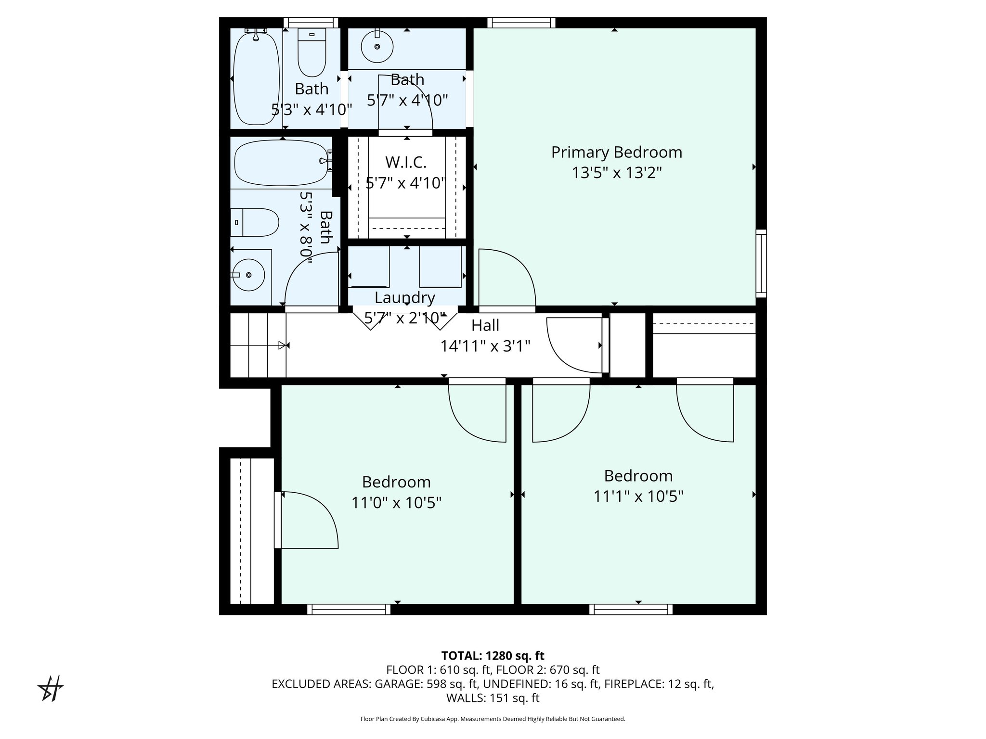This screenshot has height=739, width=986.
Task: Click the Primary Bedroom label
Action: [616, 153]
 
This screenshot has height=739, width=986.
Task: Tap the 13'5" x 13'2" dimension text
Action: [617, 173]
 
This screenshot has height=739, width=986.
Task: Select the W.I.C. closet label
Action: [406, 163]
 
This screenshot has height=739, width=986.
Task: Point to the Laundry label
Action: [404, 298]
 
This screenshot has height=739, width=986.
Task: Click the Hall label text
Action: [485, 326]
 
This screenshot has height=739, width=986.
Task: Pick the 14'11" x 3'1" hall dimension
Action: [485, 346]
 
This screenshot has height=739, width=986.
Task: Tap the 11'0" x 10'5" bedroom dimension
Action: [396, 503]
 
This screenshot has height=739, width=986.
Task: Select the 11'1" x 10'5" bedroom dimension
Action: [638, 496]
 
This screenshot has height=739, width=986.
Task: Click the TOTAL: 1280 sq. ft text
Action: [493, 656]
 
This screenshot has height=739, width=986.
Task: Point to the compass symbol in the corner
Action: [51, 688]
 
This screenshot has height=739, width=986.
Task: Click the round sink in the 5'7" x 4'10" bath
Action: [377, 46]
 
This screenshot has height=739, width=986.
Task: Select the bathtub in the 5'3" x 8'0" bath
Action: [282, 163]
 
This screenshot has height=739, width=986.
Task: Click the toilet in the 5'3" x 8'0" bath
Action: [255, 222]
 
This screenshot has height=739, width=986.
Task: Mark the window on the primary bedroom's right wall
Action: [761, 263]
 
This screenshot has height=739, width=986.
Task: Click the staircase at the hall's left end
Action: [258, 345]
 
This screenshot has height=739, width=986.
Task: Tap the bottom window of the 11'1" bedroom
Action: [631, 610]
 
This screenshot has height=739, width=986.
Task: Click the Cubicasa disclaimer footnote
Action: [493, 719]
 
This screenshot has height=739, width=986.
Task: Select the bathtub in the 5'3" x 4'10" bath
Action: [256, 77]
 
